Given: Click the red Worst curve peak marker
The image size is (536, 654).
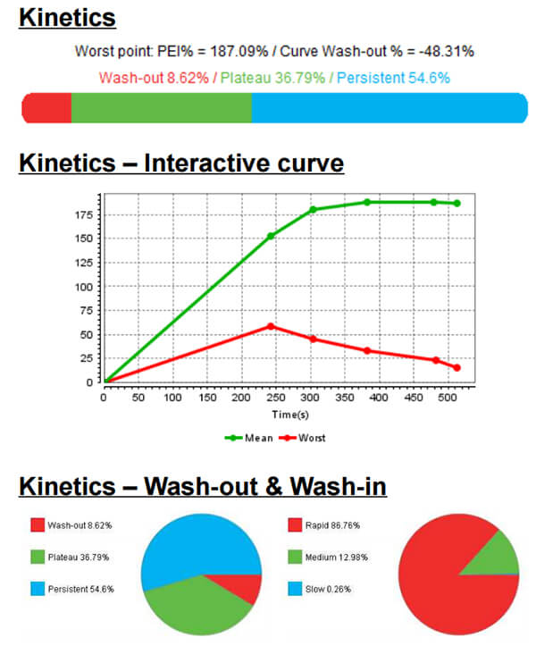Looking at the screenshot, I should tap(271, 326).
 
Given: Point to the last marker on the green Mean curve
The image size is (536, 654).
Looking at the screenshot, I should tap(456, 204).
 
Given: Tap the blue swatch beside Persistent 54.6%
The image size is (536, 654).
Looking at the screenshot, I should tap(37, 589).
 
